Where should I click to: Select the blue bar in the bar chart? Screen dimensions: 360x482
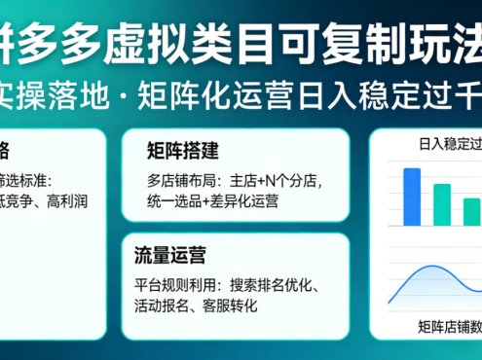(412, 197)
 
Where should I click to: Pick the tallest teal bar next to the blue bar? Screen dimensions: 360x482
(441, 204)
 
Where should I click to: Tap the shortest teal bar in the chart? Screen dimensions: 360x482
(471, 211)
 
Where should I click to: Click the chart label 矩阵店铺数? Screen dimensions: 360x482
(448, 325)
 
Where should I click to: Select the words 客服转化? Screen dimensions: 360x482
(230, 306)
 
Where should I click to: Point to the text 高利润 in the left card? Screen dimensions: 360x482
(69, 200)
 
